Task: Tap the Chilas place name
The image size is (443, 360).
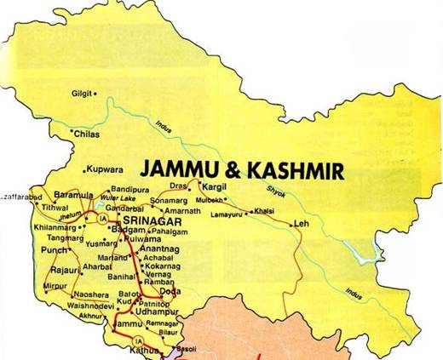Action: click(x=88, y=134)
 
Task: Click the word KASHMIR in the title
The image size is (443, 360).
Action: click(x=295, y=170)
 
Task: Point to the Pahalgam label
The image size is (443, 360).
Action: click(x=168, y=231)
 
